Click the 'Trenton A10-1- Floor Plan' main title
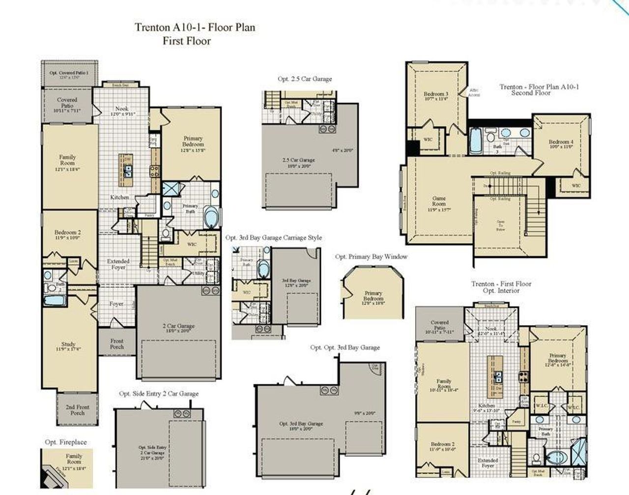tap(195, 28)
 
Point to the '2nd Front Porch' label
tap(77, 410)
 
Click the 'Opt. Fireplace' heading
tap(65, 442)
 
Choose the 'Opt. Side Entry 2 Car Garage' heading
tap(159, 394)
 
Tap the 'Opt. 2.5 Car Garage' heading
tap(305, 79)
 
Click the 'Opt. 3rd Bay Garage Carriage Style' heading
tap(274, 238)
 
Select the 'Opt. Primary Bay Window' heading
tap(371, 256)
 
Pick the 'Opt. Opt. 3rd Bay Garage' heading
tap(345, 347)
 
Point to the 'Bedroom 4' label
tap(561, 144)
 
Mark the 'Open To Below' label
tap(500, 225)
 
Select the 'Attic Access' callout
tap(474, 92)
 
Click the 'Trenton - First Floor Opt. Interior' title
tap(501, 287)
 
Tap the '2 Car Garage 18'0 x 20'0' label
tap(179, 328)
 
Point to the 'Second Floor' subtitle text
tap(531, 93)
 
